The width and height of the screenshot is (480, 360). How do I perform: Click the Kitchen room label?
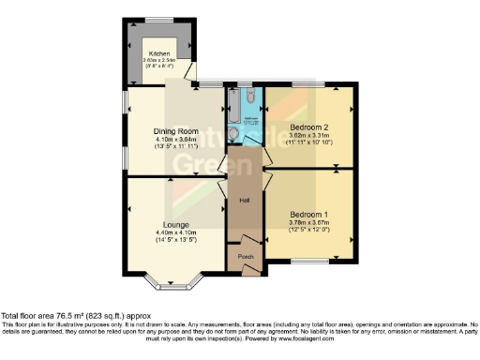pyautogui.click(x=158, y=54)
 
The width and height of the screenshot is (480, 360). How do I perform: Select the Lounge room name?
pyautogui.click(x=174, y=225)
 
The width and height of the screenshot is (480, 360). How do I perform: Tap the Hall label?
pyautogui.click(x=244, y=201)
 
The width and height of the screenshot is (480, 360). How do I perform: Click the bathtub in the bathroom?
pyautogui.click(x=253, y=110)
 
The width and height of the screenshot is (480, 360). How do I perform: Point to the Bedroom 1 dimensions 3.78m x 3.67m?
pyautogui.click(x=308, y=222)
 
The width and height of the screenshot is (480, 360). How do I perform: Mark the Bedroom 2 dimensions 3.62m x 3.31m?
pyautogui.click(x=308, y=134)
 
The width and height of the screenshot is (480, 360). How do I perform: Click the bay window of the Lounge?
pyautogui.click(x=170, y=280)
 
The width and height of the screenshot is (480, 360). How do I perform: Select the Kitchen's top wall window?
pyautogui.click(x=158, y=20)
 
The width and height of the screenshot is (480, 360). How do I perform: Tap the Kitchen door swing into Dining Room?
pyautogui.click(x=190, y=72)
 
